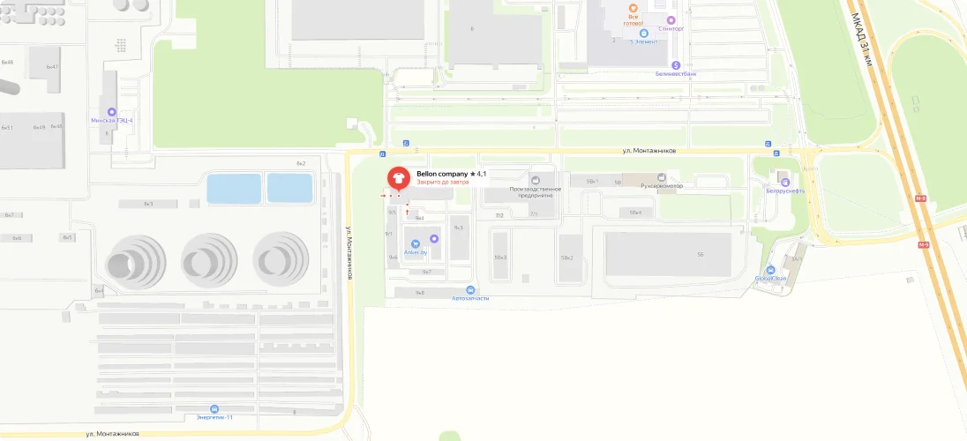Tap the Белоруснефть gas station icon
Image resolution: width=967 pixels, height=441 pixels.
click(783, 183)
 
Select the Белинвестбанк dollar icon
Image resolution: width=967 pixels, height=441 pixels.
click(676, 64)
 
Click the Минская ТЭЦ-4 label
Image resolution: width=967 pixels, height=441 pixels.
click(112, 120)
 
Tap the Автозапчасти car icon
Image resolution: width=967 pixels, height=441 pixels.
click(470, 290)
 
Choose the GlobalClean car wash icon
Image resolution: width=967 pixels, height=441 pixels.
click(771, 270)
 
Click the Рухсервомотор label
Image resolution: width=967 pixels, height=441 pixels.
click(662, 186)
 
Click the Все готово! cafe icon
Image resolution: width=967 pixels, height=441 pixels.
click(633, 8)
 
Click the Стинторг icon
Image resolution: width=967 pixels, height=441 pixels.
click(671, 19)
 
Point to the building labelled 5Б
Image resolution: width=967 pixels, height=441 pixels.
click(700, 255)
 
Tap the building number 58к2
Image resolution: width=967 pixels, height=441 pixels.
click(566, 258)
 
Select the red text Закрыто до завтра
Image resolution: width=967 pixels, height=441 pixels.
click(443, 183)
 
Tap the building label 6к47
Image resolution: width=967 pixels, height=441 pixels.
click(52, 67)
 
